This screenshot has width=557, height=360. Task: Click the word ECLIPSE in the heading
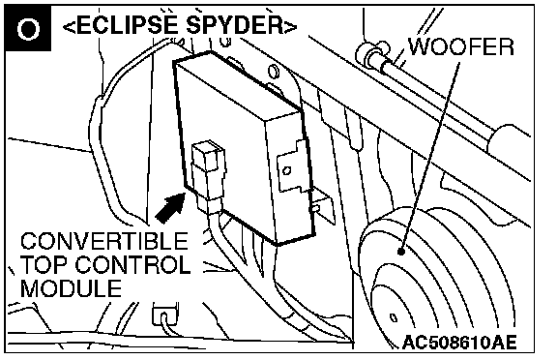pos(126,25)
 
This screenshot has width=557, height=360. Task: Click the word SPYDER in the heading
pos(234,25)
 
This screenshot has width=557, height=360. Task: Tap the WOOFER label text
pos(461,46)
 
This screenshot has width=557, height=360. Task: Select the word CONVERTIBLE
pos(104,241)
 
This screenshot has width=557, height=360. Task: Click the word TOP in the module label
pos(44,264)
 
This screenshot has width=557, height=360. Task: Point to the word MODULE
pos(71,287)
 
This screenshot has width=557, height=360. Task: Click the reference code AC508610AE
pos(459,343)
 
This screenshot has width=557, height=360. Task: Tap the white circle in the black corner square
pos(28,28)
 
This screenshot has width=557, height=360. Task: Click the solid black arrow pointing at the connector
pos(170,208)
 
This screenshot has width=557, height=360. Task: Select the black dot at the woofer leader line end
pos(401,252)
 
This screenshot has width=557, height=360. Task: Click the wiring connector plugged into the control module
pos(208,174)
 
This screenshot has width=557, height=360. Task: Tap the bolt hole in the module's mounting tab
pos(287,170)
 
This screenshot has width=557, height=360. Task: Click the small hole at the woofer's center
pos(394,317)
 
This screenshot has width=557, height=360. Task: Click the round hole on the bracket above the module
pos(273,71)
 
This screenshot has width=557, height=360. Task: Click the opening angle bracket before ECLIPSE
pos(70,27)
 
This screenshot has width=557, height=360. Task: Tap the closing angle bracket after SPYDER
pos(290,27)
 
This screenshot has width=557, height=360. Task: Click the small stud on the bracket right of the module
pos(314,207)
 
